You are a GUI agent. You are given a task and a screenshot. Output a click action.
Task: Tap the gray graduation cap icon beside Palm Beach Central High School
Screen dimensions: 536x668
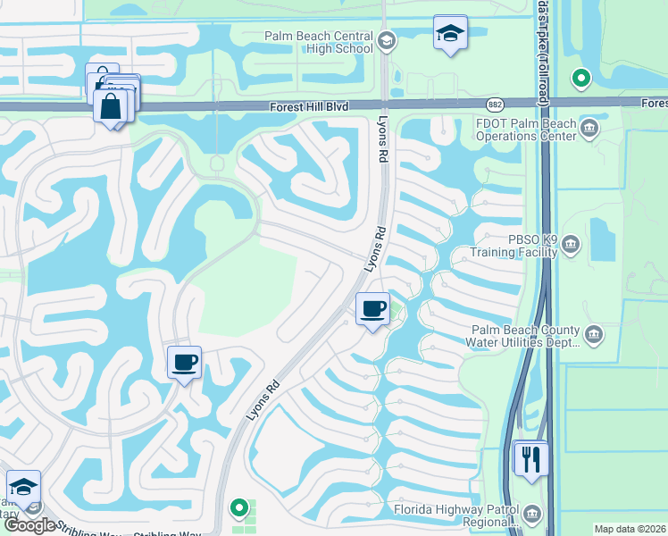tap(386, 40)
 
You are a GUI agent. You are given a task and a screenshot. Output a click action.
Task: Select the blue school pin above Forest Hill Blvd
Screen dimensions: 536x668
tap(450, 34)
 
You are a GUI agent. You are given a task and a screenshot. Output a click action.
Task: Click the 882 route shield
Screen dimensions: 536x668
tap(497, 105)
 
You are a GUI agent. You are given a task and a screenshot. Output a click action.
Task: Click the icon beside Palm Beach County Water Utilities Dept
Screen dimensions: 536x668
tap(596, 336)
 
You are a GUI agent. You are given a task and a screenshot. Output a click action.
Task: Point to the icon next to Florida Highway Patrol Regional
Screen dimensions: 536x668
tap(532, 515)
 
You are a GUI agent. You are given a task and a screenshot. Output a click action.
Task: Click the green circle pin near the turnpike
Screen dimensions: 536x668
tap(581, 80)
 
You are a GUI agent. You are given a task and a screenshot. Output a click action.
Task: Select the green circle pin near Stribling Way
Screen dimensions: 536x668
tap(238, 508)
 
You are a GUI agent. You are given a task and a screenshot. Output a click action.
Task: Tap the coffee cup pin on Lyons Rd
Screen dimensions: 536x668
tap(372, 309)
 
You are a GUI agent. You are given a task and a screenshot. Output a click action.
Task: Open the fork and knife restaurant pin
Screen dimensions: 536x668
tap(532, 459)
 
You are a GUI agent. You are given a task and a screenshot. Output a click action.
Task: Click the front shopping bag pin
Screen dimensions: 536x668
tap(110, 107)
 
